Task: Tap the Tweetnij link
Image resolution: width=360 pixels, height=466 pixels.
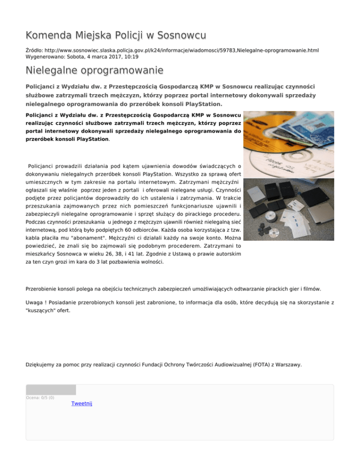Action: click(82, 404)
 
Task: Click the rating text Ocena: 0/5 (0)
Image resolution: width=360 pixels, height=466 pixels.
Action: click(40, 398)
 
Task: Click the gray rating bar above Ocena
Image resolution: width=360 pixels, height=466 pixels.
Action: click(51, 390)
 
